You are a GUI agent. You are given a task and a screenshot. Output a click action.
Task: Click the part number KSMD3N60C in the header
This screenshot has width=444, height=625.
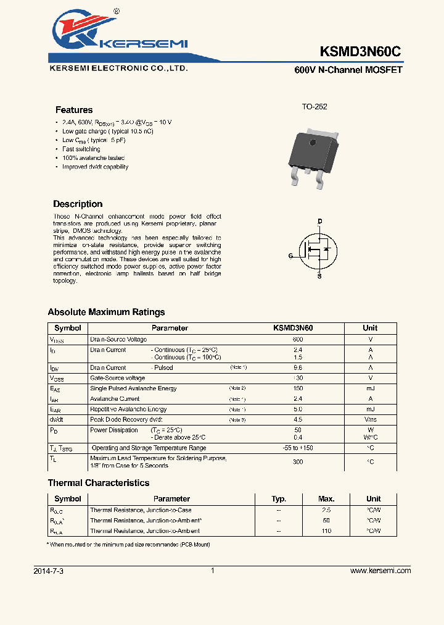pyautogui.click(x=361, y=52)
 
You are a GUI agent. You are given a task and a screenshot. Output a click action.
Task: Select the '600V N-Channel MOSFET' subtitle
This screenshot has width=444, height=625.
pyautogui.click(x=348, y=70)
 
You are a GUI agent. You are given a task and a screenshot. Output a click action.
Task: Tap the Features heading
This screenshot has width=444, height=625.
pyautogui.click(x=74, y=110)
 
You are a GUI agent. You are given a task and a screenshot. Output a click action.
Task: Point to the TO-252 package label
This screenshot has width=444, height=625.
pyautogui.click(x=314, y=107)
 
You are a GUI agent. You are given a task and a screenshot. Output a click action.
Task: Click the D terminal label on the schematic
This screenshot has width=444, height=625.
pyautogui.click(x=319, y=220)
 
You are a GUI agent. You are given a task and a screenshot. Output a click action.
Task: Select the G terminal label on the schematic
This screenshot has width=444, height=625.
pyautogui.click(x=290, y=255)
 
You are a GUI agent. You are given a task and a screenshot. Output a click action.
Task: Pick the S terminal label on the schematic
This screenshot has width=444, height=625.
pyautogui.click(x=319, y=277)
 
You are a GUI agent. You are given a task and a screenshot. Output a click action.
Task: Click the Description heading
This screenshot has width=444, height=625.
pyautogui.click(x=78, y=204)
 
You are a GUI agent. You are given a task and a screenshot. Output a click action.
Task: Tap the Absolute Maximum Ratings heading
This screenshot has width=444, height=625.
pyautogui.click(x=106, y=312)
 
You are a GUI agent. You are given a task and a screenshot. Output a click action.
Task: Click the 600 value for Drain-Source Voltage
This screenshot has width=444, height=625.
pyautogui.click(x=298, y=340)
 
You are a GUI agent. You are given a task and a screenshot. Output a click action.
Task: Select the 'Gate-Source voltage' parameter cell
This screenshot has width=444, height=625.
pyautogui.click(x=118, y=378)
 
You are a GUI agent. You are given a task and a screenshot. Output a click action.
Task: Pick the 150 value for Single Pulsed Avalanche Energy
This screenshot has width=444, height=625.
pyautogui.click(x=298, y=388)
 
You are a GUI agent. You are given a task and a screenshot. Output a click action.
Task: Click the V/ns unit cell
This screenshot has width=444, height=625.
pyautogui.click(x=371, y=420)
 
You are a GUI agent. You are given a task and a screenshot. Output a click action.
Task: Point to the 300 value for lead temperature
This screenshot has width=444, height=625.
pyautogui.click(x=298, y=462)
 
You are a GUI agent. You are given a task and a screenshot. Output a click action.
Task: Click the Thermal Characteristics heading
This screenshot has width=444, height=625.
pyautogui.click(x=99, y=483)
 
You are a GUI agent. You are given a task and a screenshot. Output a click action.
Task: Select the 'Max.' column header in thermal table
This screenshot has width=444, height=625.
pyautogui.click(x=326, y=499)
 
